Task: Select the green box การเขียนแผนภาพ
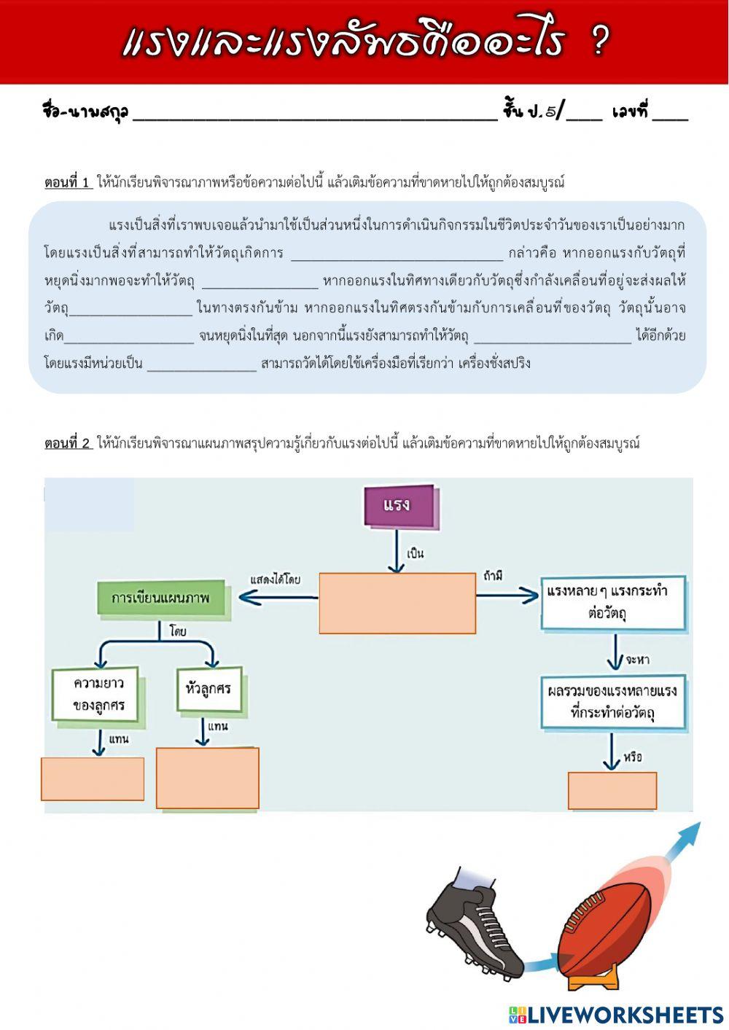(160, 598)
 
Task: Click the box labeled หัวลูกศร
(208, 688)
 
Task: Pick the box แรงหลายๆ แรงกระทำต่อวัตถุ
(612, 602)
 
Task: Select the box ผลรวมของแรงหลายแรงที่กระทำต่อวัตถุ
(612, 702)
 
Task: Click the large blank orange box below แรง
(397, 603)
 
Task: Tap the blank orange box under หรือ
(612, 790)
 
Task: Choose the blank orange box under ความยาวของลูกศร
(93, 779)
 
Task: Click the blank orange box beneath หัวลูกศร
(208, 778)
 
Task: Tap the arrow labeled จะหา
(615, 652)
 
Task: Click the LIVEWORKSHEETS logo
(616, 1015)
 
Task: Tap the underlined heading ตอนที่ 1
(68, 182)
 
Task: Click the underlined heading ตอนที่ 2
(68, 442)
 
